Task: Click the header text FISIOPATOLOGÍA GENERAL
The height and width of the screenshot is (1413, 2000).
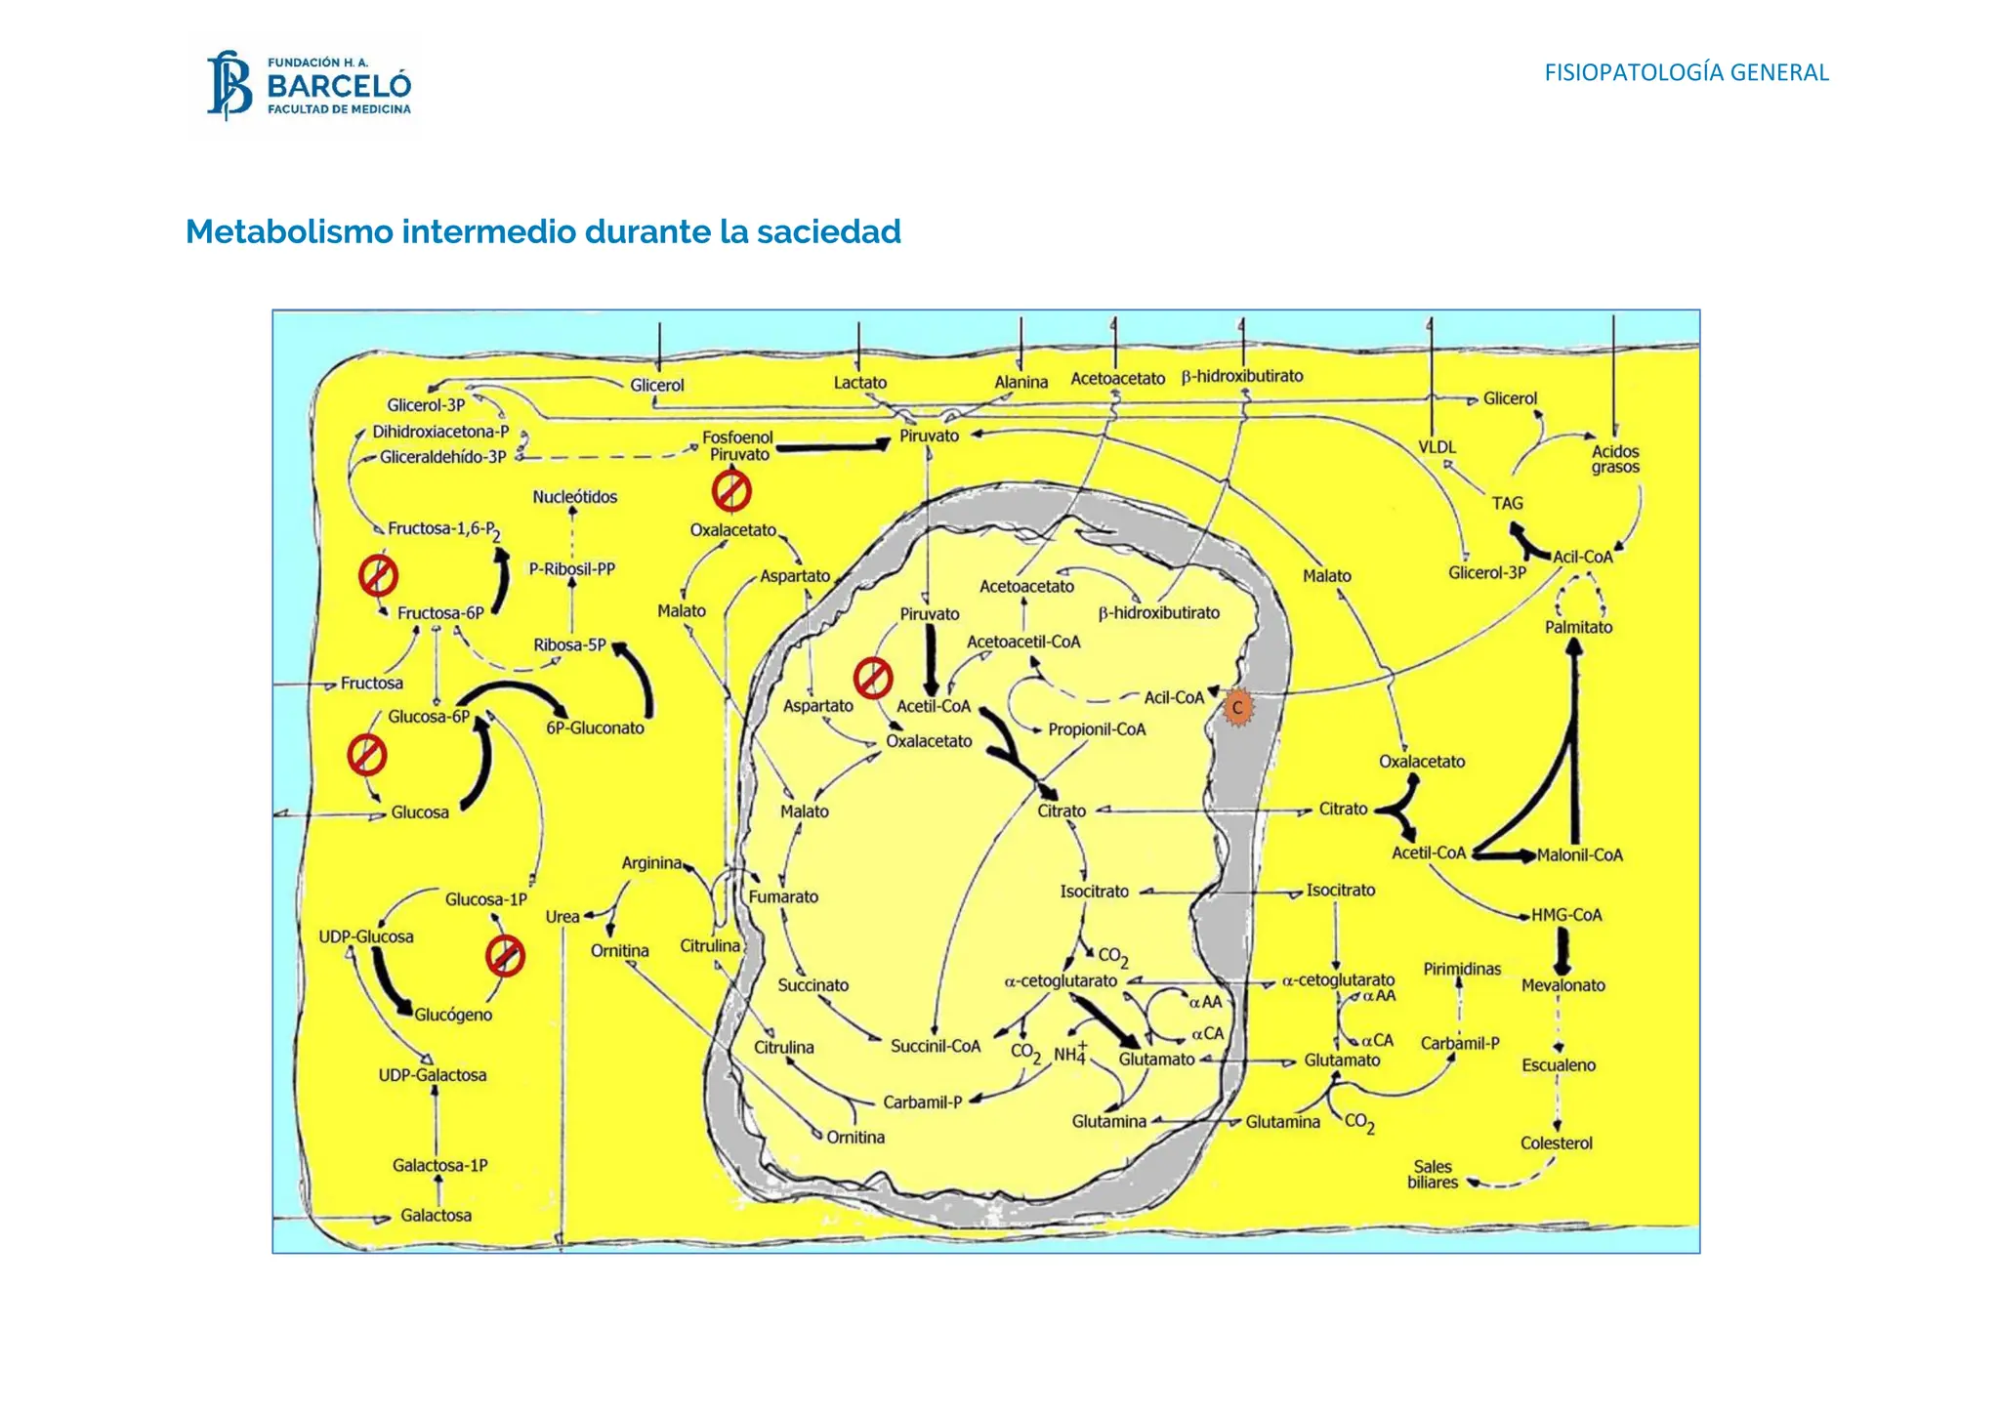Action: click(1686, 72)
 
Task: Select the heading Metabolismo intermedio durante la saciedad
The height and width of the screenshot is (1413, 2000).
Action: click(543, 232)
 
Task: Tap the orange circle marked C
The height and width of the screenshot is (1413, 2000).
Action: click(1237, 708)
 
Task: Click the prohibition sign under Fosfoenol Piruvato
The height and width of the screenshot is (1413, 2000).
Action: click(731, 491)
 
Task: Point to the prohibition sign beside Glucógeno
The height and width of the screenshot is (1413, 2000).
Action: click(505, 956)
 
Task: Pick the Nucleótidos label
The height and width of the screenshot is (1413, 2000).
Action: click(575, 497)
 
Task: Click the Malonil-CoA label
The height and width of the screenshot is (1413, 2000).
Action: click(1579, 855)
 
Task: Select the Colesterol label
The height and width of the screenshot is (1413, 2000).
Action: click(1556, 1143)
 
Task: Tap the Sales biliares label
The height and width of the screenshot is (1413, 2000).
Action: click(1433, 1175)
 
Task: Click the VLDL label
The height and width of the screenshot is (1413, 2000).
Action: click(1437, 447)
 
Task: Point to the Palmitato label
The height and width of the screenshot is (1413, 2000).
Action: click(1578, 627)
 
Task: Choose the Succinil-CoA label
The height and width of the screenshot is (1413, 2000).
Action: click(935, 1046)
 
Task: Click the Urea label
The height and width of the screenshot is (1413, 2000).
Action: click(562, 917)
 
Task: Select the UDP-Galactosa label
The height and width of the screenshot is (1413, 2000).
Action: click(433, 1075)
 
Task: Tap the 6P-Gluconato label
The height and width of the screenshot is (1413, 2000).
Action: click(595, 727)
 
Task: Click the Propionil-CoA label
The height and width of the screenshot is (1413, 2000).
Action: click(1097, 729)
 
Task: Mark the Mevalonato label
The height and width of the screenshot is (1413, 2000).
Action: click(1562, 985)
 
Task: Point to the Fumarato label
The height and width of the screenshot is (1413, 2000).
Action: click(783, 896)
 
